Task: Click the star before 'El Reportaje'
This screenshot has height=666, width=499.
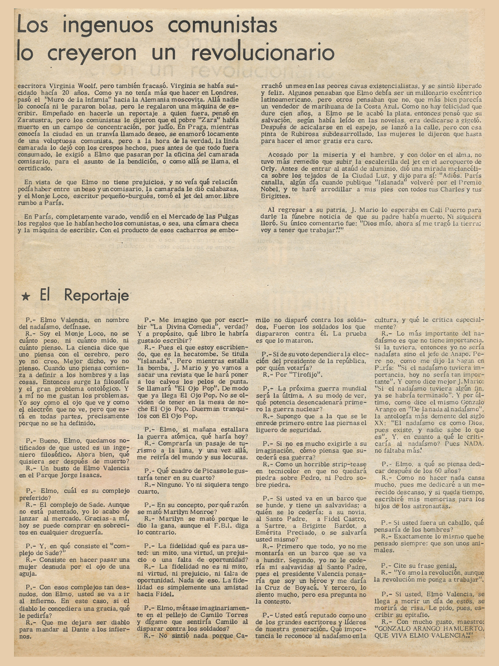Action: point(27,296)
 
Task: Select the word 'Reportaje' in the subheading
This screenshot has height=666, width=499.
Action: point(97,295)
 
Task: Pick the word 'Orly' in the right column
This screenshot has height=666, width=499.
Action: point(270,168)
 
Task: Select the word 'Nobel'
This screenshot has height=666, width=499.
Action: point(272,189)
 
